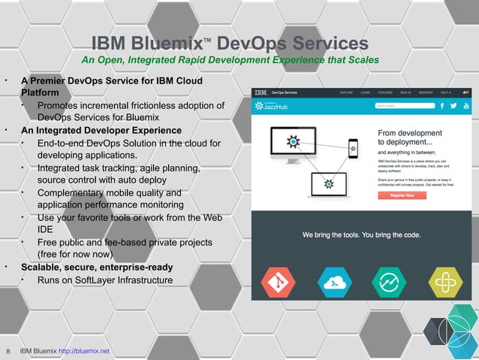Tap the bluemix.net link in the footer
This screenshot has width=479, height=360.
(x=83, y=351)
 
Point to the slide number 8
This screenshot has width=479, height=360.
(x=8, y=351)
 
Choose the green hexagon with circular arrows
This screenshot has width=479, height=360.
(x=389, y=283)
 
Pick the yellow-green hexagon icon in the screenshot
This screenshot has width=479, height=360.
(x=444, y=283)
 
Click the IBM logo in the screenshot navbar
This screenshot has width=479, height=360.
(x=260, y=92)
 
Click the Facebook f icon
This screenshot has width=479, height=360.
(x=442, y=107)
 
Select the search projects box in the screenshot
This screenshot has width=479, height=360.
(x=402, y=107)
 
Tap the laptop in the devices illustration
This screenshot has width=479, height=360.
(x=326, y=183)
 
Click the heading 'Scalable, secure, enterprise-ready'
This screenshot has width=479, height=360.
(x=97, y=268)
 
